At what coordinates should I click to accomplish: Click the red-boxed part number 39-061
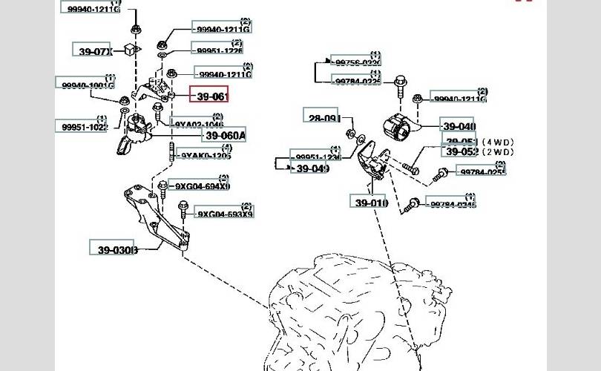(211, 96)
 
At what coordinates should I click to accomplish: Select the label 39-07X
(95, 51)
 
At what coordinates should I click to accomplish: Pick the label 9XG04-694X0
(202, 185)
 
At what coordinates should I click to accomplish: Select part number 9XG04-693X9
(225, 214)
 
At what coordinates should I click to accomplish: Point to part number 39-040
(457, 126)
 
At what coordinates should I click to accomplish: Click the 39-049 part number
(312, 168)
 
